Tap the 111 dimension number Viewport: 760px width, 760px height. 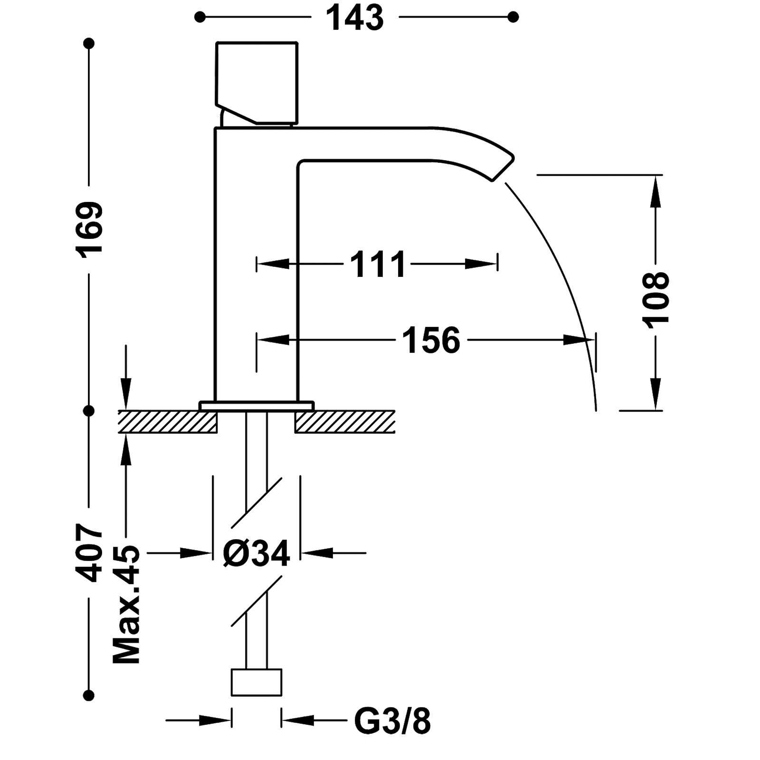point(378,264)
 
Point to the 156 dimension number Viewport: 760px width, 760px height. point(431,340)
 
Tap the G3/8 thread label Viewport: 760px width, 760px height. point(392,721)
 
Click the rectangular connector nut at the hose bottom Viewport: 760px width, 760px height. point(256,683)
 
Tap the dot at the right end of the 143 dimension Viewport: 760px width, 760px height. point(513,18)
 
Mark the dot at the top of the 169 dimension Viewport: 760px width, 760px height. point(89,44)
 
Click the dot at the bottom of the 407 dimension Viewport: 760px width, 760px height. point(89,695)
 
